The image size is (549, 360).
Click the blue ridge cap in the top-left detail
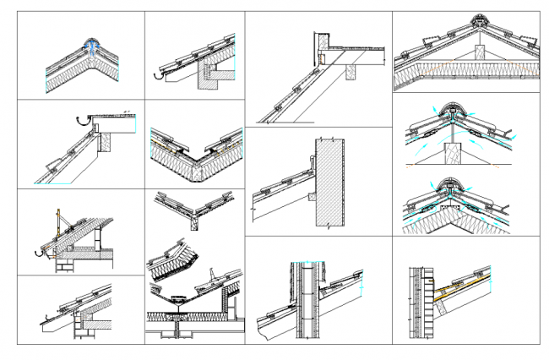[x=90, y=45]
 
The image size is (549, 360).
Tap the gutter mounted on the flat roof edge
[x=83, y=119]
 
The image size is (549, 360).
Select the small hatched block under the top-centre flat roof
[x=348, y=72]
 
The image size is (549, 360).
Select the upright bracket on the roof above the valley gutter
[x=211, y=277]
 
